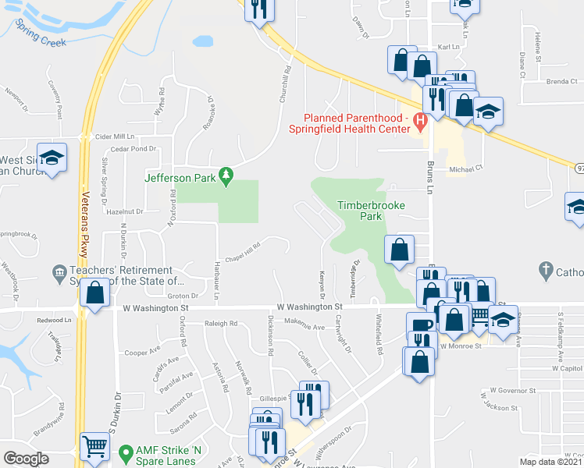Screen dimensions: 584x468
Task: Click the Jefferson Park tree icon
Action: [x=226, y=178]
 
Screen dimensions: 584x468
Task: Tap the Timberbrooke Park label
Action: [x=362, y=211]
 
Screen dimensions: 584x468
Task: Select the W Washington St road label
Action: [x=310, y=309]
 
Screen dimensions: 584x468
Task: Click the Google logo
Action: [x=26, y=459]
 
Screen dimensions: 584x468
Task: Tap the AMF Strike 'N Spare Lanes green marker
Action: [x=123, y=452]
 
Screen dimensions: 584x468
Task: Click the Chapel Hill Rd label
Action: [x=242, y=249]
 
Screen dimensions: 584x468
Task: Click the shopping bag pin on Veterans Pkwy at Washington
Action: [x=95, y=293]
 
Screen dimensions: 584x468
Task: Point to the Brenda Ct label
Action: [x=562, y=81]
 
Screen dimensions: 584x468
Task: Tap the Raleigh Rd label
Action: [x=221, y=323]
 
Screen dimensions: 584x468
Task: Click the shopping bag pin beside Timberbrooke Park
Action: [x=399, y=250]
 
